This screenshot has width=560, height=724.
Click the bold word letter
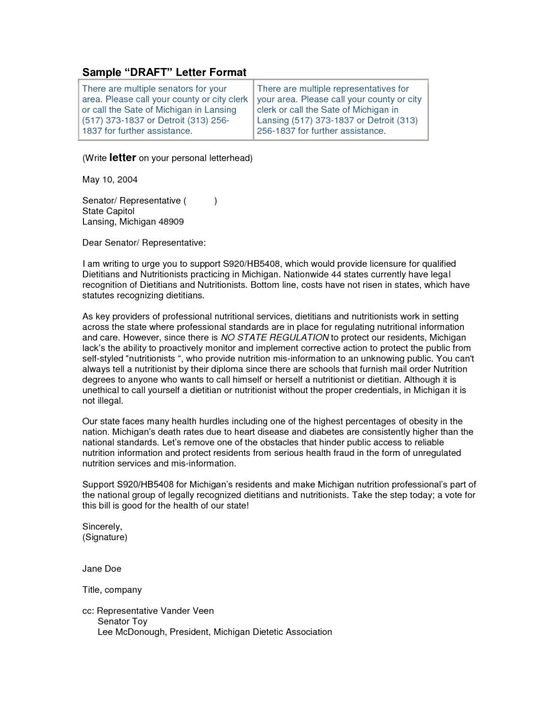[x=123, y=158]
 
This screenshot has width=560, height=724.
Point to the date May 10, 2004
[x=110, y=180]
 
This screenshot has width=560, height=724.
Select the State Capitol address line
[x=109, y=211]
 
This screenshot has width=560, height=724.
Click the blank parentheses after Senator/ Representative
[x=201, y=201]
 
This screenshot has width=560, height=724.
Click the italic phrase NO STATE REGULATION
[x=275, y=337]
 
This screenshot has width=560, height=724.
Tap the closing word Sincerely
[x=102, y=527]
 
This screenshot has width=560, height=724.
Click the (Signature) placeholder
[x=105, y=537]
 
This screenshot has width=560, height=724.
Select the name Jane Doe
[x=102, y=569]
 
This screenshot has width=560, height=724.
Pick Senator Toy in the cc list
[x=123, y=621]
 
